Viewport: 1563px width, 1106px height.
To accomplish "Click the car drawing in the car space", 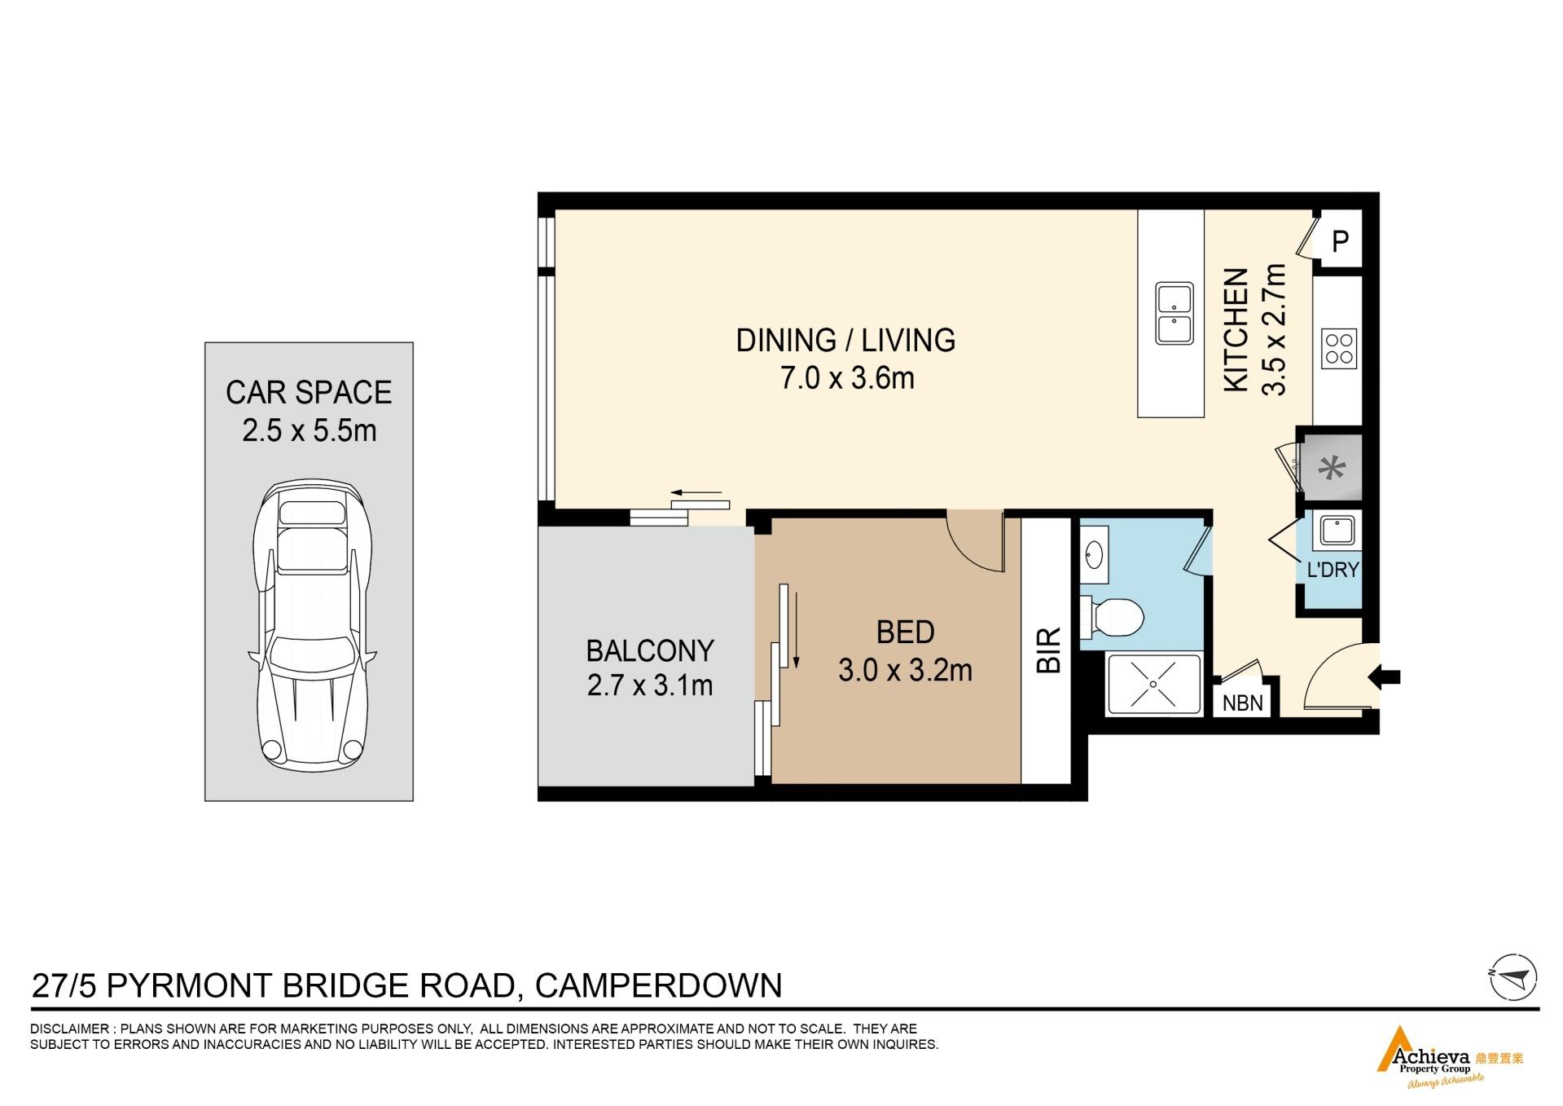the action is (x=311, y=624).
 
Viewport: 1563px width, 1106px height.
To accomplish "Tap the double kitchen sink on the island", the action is (x=1174, y=314).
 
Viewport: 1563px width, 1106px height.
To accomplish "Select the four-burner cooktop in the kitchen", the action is (x=1338, y=349).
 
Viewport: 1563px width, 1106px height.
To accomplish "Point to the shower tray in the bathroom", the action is (x=1153, y=683).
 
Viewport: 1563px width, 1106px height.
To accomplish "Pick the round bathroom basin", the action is (x=1093, y=557).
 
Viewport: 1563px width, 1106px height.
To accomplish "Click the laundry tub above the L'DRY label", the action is (x=1337, y=530).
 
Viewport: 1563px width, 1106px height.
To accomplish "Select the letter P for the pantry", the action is (x=1340, y=241).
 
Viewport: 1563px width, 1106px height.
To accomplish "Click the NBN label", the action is (x=1243, y=703).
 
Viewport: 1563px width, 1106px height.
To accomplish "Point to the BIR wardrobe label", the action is (x=1049, y=650).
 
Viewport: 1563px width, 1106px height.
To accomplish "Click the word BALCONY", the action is (x=650, y=650).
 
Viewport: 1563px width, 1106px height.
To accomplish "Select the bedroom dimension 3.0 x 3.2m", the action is (x=905, y=670).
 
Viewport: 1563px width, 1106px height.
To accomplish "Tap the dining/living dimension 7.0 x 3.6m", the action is (x=847, y=378).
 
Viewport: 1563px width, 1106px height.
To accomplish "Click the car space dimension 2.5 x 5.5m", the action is (x=310, y=430).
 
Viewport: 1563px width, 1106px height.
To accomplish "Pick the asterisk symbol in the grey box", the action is (x=1333, y=469).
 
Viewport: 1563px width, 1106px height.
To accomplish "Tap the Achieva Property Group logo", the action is (x=1449, y=1057).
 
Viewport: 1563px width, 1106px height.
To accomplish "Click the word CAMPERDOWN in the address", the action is (x=658, y=985).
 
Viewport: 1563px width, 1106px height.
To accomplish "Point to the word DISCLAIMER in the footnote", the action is (x=68, y=1029).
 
